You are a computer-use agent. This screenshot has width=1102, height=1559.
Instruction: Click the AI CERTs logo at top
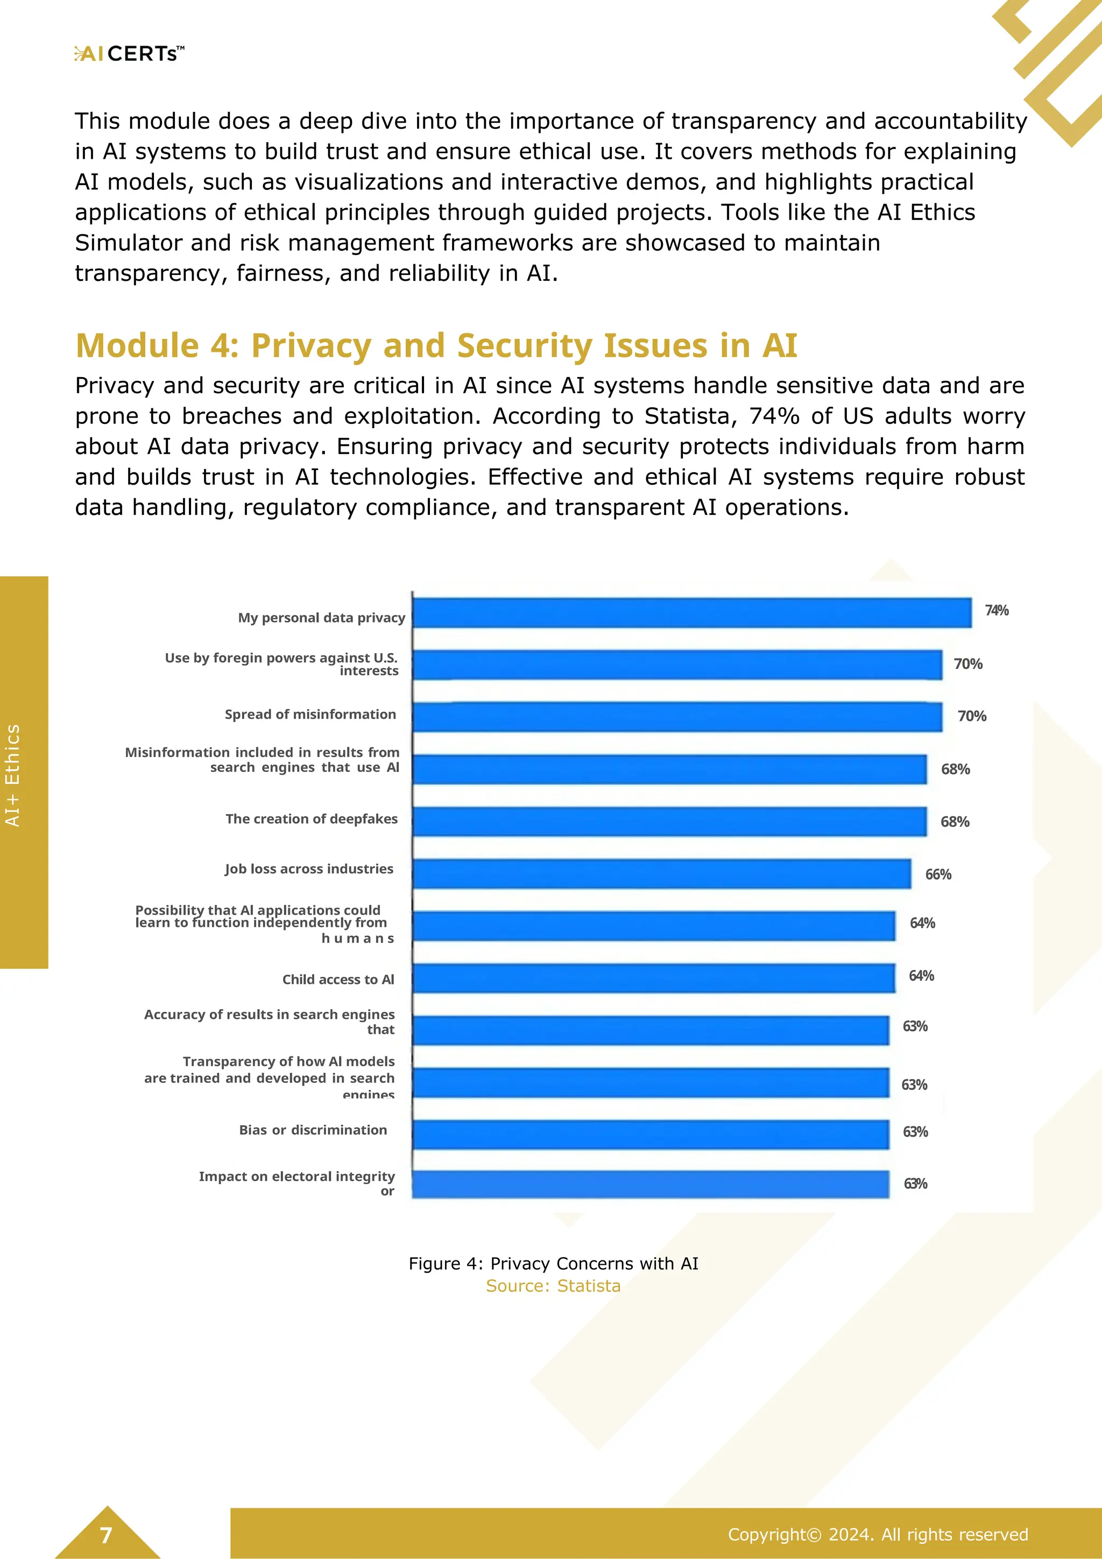click(129, 54)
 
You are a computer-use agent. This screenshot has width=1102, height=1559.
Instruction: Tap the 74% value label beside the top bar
click(996, 611)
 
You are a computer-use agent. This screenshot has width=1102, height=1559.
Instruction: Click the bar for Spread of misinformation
click(677, 717)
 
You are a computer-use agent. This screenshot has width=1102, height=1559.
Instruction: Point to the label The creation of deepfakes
click(312, 819)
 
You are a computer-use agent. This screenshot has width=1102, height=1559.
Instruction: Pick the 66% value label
click(938, 875)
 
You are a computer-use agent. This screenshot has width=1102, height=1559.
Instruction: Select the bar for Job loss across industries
click(661, 874)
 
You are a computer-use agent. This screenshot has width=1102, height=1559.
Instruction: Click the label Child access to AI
click(338, 979)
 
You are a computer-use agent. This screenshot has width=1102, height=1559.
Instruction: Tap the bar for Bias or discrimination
click(651, 1135)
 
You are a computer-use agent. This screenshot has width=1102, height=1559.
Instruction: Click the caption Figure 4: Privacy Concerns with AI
click(553, 1264)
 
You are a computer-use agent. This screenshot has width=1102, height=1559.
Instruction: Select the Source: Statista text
click(553, 1286)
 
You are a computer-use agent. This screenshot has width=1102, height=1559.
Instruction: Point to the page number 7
click(106, 1535)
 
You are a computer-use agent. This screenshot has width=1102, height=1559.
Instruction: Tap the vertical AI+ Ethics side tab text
click(13, 775)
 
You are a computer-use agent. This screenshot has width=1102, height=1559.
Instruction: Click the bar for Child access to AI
click(653, 979)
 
